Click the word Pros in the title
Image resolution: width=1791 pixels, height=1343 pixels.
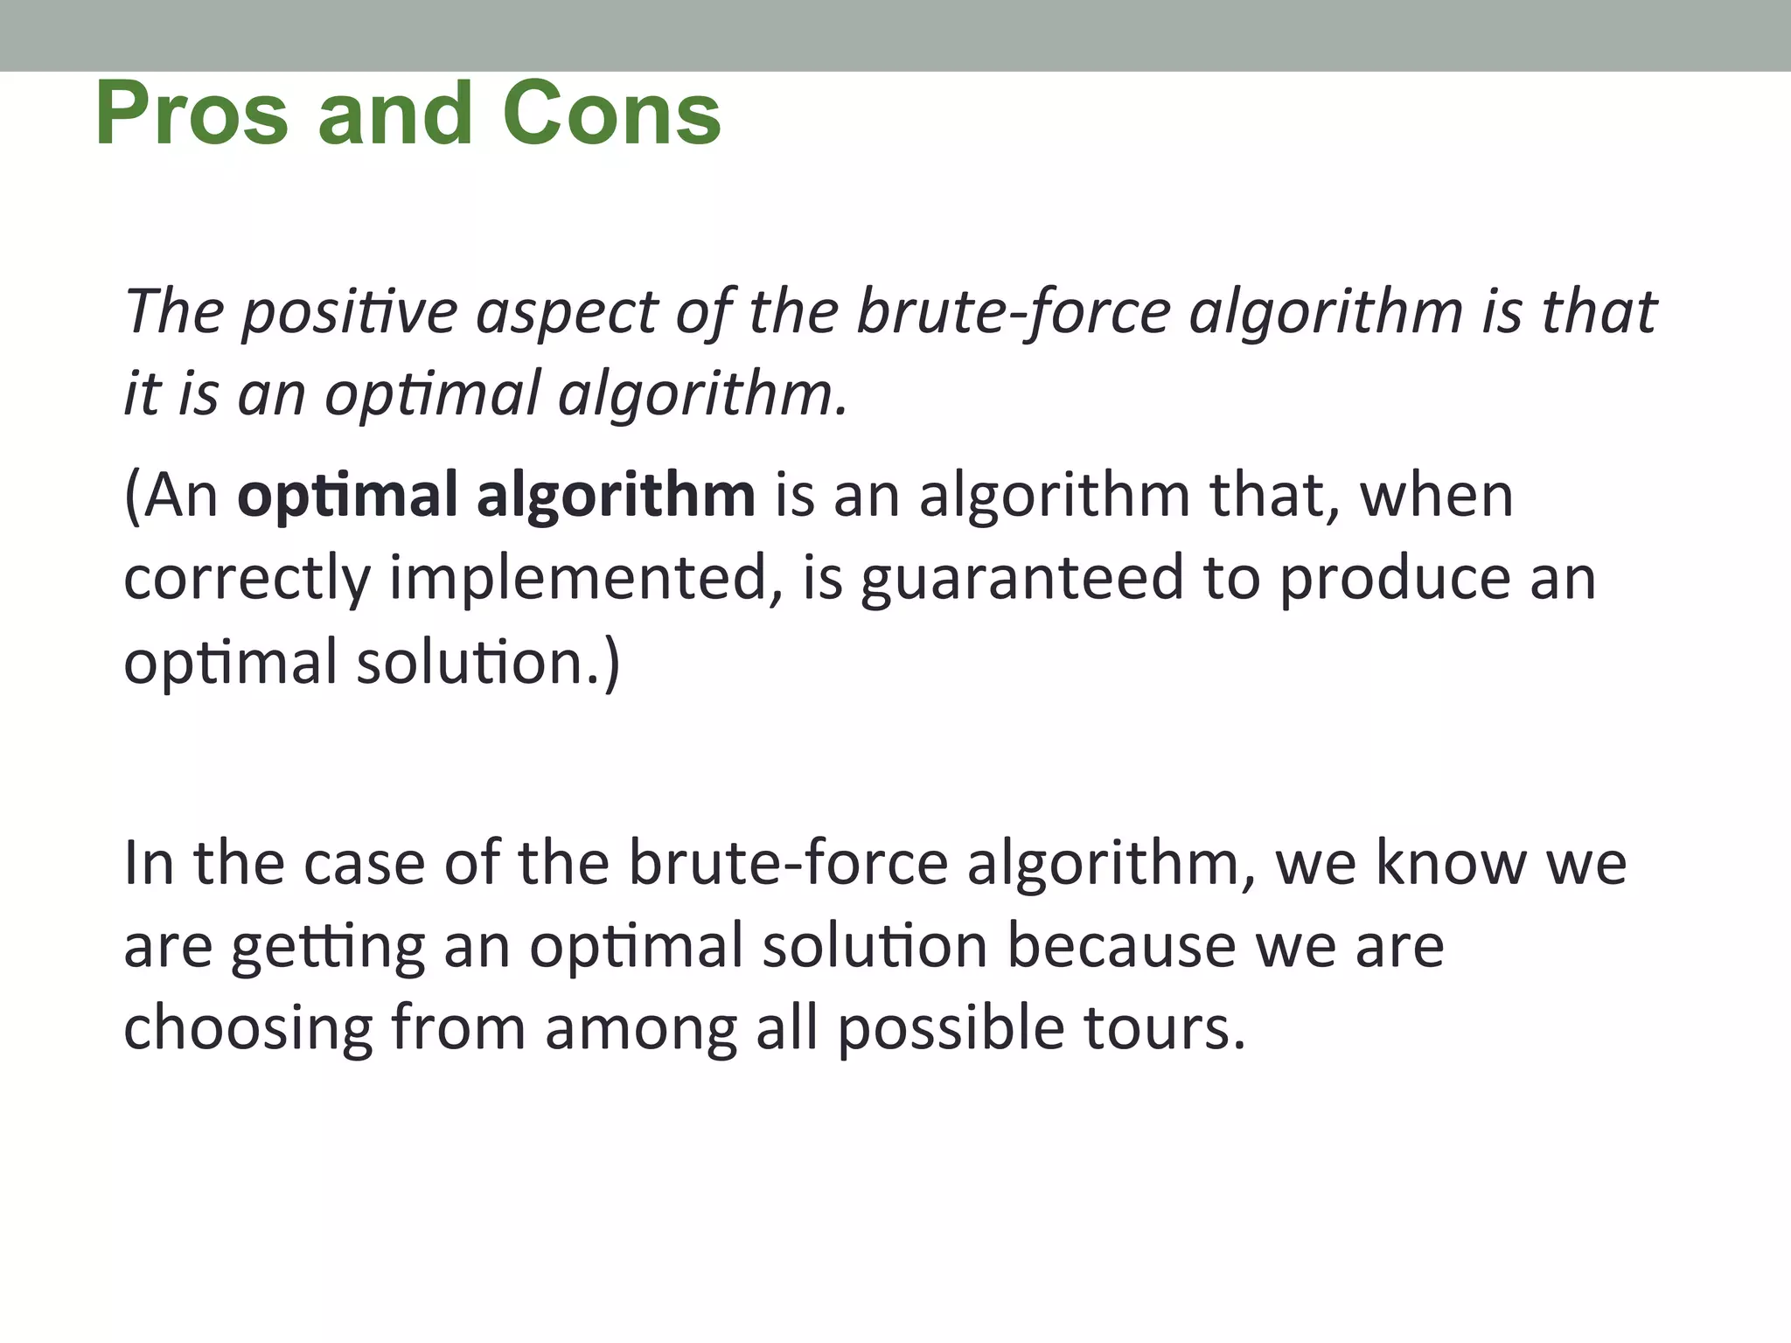(191, 115)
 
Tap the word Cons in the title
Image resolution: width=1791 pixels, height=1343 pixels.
(611, 115)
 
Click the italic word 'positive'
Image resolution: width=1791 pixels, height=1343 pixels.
(349, 313)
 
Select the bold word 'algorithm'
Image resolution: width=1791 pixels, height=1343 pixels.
(616, 496)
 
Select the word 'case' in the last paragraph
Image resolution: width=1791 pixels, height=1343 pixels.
(364, 864)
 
